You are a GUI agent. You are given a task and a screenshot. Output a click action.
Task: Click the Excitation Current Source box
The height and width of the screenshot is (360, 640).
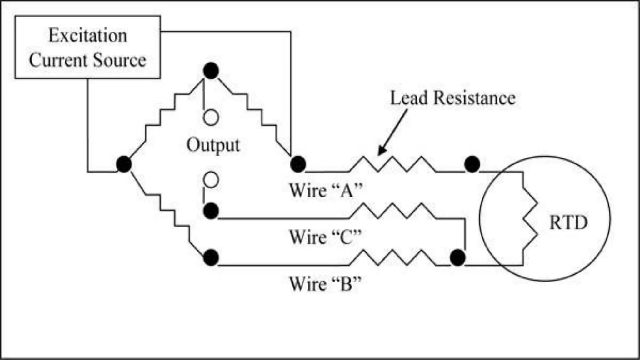[x=87, y=47]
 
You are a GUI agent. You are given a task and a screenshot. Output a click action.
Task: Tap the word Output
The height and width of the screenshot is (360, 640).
[x=213, y=145]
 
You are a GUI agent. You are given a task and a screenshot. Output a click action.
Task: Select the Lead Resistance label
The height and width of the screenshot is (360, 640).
[x=453, y=98]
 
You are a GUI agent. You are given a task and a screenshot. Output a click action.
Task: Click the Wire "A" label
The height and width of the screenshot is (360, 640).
[x=326, y=190]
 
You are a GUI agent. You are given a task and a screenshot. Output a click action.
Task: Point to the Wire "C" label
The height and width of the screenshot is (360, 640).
[x=325, y=237]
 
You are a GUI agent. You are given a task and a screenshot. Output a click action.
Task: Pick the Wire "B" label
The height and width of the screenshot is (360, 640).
[x=325, y=284]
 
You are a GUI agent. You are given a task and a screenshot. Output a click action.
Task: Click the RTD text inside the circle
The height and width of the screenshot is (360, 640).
[x=568, y=223]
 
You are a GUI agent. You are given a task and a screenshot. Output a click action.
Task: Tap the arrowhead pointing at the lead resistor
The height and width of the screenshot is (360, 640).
[x=381, y=151]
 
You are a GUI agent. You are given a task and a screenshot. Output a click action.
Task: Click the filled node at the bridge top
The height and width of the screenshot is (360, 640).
[x=211, y=71]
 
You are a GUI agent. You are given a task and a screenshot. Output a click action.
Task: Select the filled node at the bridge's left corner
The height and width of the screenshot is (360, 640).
[x=124, y=164]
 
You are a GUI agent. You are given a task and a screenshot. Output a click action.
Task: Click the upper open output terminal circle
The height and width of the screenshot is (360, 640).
[x=211, y=117]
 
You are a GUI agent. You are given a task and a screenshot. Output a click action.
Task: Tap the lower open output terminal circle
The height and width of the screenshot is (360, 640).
[x=211, y=180]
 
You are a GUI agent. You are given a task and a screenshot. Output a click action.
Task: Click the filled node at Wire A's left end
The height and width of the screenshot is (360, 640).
[x=298, y=164]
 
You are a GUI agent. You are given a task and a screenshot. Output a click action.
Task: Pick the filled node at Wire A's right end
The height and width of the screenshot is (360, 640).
[x=472, y=164]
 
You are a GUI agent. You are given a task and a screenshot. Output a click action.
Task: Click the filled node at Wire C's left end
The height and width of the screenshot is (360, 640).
[x=211, y=211]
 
